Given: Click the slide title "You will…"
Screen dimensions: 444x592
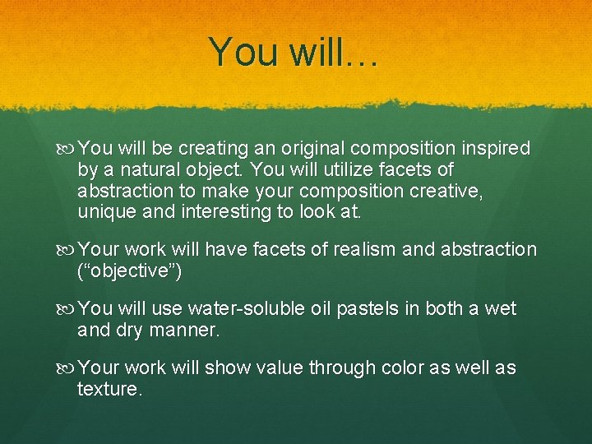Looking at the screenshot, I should point(293,52).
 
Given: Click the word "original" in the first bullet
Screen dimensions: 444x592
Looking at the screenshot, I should point(312,149).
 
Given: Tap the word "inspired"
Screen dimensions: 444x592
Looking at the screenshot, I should point(497,149).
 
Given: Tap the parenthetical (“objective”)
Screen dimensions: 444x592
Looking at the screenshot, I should point(130,271).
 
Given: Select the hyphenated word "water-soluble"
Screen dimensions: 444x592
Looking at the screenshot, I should point(247,309).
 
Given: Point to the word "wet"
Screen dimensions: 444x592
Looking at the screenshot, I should point(501,309).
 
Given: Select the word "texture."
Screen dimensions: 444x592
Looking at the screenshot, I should point(109,389).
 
